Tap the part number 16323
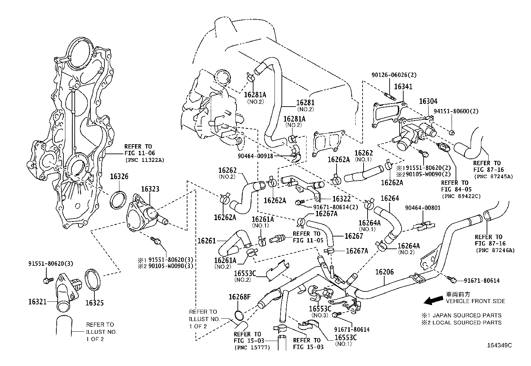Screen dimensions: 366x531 (x=150, y=189)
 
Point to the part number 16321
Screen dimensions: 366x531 (x=37, y=302)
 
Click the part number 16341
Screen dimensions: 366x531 (x=403, y=87)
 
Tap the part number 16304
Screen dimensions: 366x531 (x=428, y=101)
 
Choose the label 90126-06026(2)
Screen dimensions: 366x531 (x=394, y=75)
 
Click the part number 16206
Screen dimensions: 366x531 (x=385, y=272)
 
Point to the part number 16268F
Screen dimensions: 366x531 (x=239, y=297)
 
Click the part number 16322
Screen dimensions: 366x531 (x=342, y=199)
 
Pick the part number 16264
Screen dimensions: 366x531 (x=390, y=198)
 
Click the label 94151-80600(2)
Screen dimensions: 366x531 (x=456, y=111)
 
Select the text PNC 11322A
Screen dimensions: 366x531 (x=145, y=160)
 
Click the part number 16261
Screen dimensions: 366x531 (x=207, y=240)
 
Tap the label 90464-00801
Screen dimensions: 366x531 (x=423, y=208)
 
